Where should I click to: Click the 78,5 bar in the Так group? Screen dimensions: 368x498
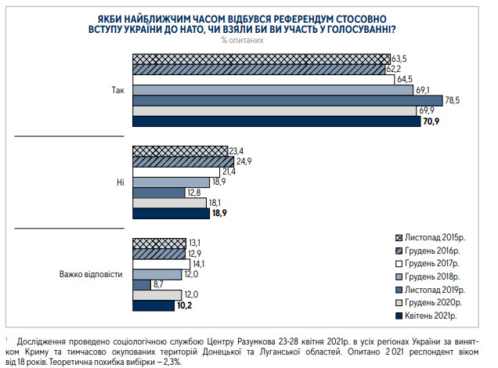click(290, 100)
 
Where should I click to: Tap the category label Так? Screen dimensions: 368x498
click(118, 90)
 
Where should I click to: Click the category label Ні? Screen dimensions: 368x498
click(120, 182)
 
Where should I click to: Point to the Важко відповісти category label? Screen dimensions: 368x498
click(92, 274)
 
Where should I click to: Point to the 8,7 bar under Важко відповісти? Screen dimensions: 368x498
click(141, 284)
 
